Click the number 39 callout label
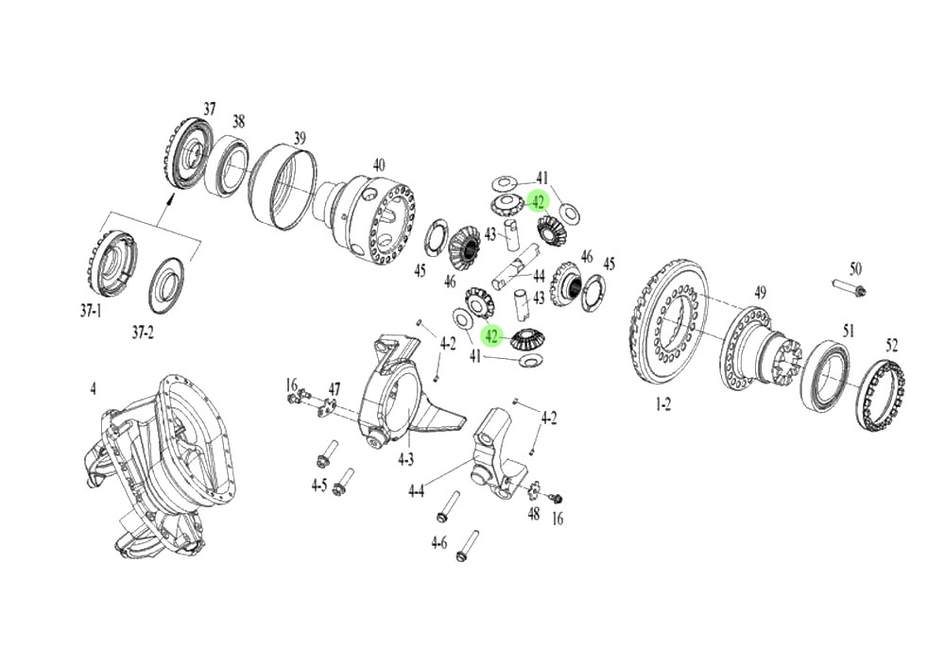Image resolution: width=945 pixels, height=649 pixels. click(300, 139)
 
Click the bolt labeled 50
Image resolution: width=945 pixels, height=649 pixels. click(848, 286)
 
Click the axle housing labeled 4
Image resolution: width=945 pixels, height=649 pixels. click(161, 463)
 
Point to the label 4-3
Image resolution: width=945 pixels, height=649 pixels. click(405, 459)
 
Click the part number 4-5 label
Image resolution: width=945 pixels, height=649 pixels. click(318, 486)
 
